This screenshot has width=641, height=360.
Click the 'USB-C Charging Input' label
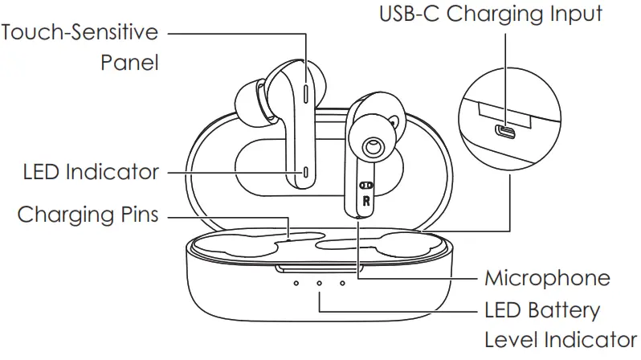(490, 14)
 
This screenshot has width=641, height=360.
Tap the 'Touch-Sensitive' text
(80, 34)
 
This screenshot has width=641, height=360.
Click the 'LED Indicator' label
(91, 171)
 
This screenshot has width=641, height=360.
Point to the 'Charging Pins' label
(88, 215)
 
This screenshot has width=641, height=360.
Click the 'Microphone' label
(547, 279)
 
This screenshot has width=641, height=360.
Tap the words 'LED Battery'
(542, 309)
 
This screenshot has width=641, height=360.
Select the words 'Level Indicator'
(560, 338)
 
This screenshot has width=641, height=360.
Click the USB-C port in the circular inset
(505, 130)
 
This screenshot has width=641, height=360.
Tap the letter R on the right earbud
(366, 201)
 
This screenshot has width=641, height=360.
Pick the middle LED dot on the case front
(319, 283)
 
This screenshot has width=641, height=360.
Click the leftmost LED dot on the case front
(296, 283)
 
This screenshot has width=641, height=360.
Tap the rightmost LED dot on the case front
(342, 283)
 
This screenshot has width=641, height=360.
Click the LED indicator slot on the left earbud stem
(308, 172)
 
